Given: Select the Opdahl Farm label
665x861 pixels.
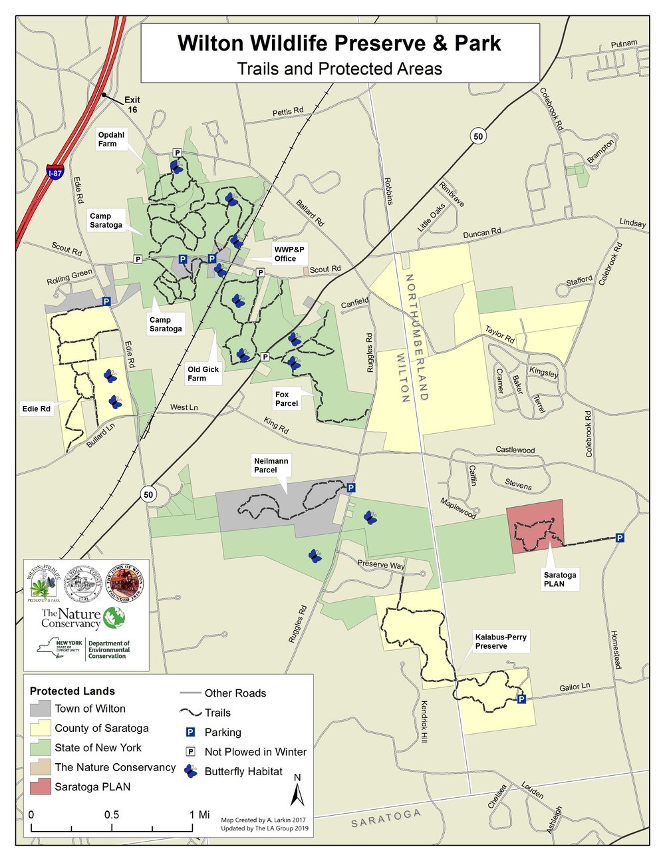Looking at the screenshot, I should click(107, 139).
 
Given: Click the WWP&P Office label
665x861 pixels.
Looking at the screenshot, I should click(289, 254).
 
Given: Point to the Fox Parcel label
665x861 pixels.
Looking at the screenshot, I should click(287, 399).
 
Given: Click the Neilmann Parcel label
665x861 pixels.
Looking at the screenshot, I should click(271, 465).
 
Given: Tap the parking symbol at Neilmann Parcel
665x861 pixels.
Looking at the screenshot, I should click(351, 488).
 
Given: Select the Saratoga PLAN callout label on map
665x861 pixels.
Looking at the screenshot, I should click(559, 579).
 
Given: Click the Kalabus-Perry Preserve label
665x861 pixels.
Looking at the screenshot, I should click(500, 641).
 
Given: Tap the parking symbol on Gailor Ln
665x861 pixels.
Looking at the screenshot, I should click(521, 699).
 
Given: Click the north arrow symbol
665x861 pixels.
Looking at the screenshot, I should click(298, 792).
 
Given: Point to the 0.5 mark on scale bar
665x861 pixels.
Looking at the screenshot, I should click(112, 815).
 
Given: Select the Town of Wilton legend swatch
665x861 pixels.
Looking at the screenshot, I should click(40, 709).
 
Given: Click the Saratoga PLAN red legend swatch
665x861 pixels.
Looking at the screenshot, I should click(40, 786).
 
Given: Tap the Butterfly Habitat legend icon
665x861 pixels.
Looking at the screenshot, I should click(191, 771).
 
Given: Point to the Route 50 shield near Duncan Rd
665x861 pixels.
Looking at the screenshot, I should click(478, 136).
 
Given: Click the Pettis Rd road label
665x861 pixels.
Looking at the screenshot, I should click(288, 111).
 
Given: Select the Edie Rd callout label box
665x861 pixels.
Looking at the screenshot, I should click(36, 409).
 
